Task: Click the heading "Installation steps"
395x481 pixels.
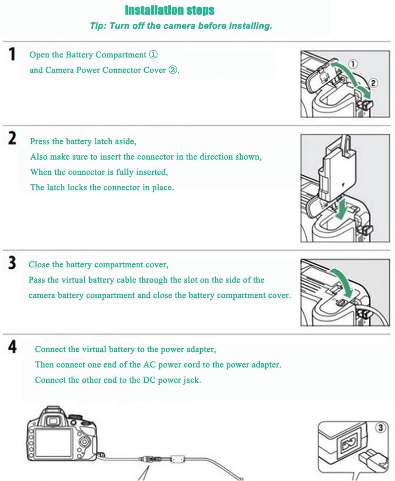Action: click(169, 10)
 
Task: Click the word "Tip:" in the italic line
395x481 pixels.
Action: click(98, 26)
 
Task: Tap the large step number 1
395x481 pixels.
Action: click(12, 55)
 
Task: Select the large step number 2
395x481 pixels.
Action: click(12, 138)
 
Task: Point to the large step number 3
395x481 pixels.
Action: click(12, 263)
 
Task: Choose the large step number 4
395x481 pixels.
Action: click(12, 347)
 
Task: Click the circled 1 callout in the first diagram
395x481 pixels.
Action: click(353, 64)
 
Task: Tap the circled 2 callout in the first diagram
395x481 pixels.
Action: click(373, 83)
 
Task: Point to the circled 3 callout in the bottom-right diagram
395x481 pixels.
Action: click(380, 427)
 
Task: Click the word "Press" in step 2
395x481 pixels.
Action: click(40, 141)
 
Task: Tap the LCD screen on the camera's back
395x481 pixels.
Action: click(54, 443)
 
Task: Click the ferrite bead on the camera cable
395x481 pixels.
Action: click(177, 459)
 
